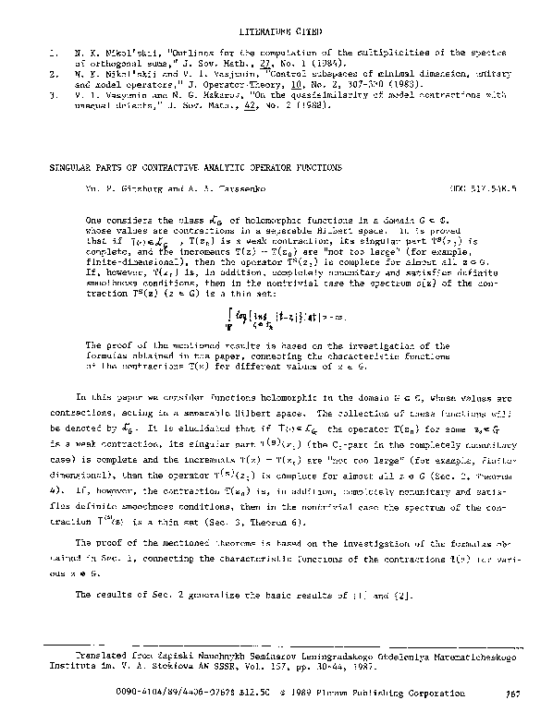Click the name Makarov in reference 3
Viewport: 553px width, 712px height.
point(209,94)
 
